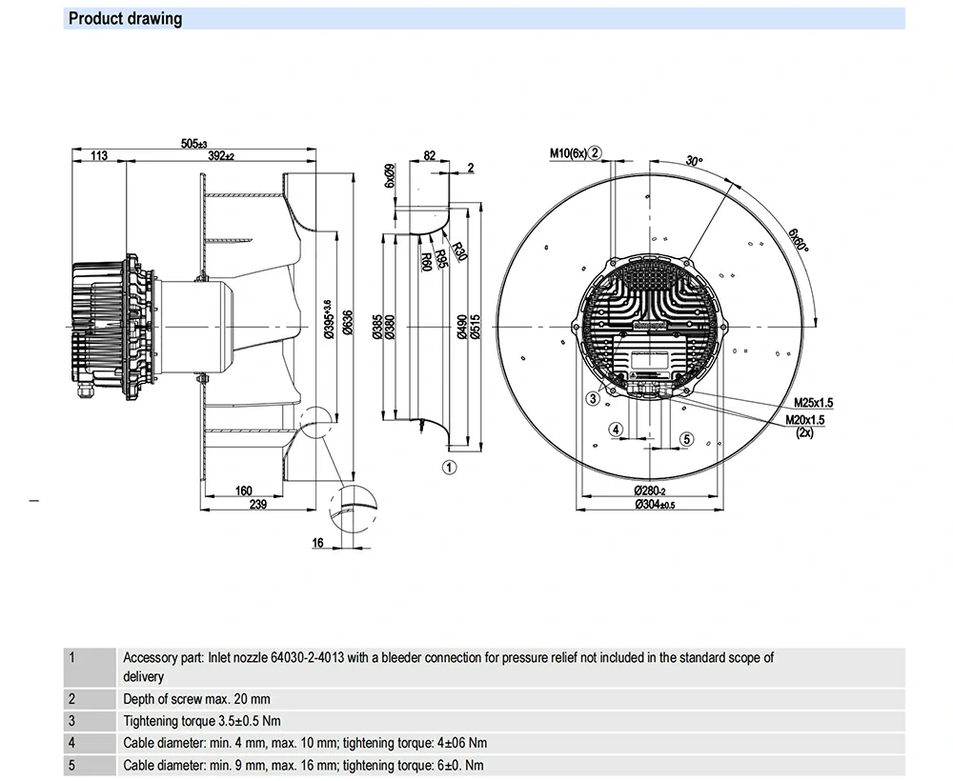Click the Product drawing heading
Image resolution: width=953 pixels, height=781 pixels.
point(125,18)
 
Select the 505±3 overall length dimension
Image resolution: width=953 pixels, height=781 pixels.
point(193,144)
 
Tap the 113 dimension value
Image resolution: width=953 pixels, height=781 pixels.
point(97,156)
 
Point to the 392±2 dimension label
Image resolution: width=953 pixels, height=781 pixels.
point(221,156)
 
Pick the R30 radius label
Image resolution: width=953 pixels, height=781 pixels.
point(461,251)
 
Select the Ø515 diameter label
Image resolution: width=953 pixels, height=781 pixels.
point(475,327)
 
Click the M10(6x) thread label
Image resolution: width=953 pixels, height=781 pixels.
point(568,152)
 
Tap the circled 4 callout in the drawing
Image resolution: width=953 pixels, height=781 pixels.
point(617,430)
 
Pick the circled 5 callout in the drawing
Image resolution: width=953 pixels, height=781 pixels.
point(686,438)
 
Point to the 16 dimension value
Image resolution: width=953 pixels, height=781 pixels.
point(317,543)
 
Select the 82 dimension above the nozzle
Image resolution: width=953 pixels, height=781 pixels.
point(429,155)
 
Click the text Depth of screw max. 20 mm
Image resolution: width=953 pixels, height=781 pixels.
point(196,699)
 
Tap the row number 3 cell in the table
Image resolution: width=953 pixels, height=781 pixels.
point(71,721)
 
